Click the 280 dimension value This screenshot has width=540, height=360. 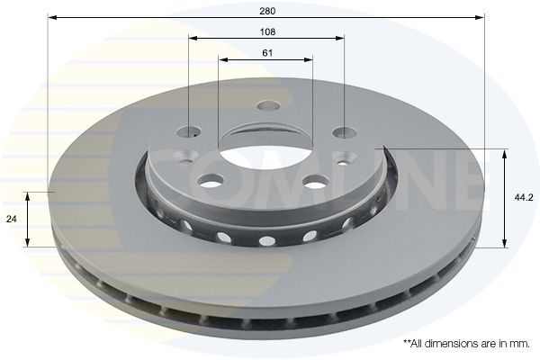(x=267, y=11)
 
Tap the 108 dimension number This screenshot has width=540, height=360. (x=267, y=32)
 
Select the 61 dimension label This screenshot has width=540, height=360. (x=267, y=53)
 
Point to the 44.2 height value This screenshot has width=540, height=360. (x=524, y=198)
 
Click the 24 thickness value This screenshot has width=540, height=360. (x=12, y=219)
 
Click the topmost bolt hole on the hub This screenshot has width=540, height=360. (x=269, y=105)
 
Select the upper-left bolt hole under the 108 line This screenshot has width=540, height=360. (x=189, y=132)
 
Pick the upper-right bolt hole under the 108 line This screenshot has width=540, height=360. (x=345, y=132)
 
